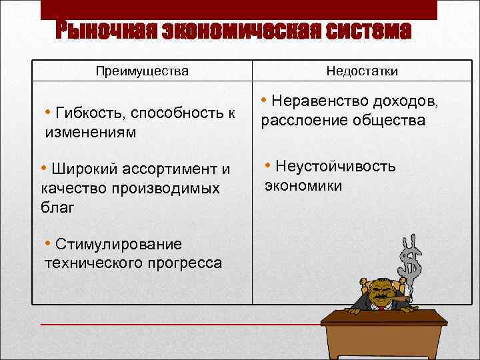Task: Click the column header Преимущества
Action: (x=142, y=71)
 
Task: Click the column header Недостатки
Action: (x=363, y=71)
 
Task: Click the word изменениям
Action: (x=90, y=132)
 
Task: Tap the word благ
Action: (x=57, y=207)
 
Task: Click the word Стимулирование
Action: (x=119, y=243)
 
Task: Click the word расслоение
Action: (x=304, y=121)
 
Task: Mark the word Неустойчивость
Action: (x=335, y=166)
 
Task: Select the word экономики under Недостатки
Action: (x=303, y=185)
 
